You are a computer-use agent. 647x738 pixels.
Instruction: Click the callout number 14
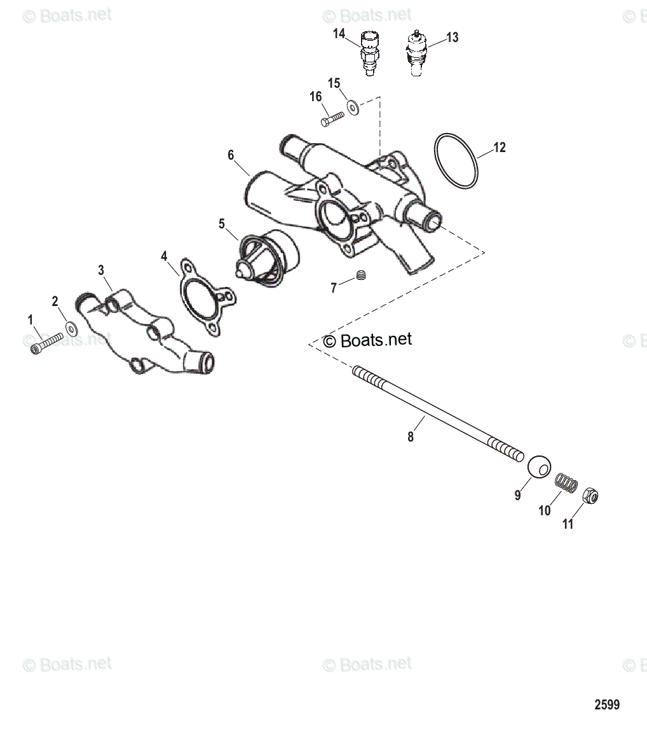pos(339,33)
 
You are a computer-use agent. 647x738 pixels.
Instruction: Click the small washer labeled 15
pos(353,106)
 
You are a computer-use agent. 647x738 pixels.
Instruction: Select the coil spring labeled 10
pos(566,484)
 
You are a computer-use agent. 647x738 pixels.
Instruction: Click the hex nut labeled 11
pos(590,495)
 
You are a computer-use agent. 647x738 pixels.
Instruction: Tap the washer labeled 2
pos(72,328)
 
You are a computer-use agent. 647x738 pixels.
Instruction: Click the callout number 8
pos(411,437)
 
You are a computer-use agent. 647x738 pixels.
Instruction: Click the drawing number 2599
pos(607,705)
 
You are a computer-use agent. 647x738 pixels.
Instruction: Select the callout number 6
pos(231,155)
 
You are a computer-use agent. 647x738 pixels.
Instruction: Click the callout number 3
pos(101,270)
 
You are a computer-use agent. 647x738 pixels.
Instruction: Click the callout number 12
pos(500,148)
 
